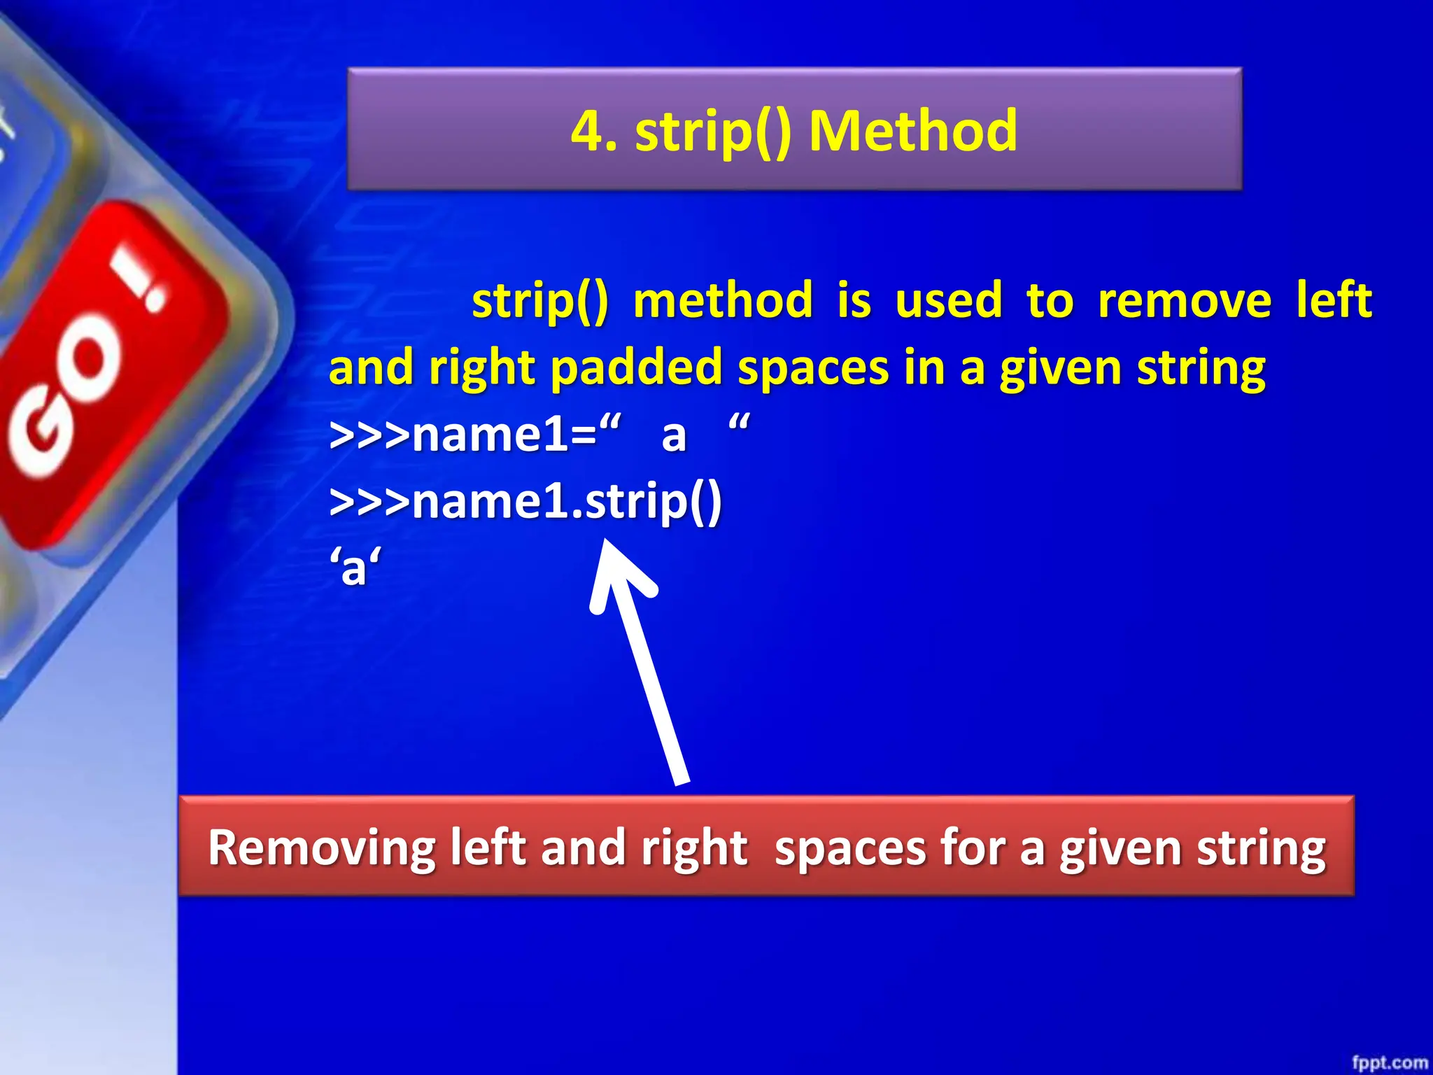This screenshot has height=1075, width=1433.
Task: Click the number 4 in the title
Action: click(588, 132)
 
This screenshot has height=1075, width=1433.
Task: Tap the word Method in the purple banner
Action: click(912, 132)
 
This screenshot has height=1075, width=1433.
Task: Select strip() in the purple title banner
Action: click(713, 132)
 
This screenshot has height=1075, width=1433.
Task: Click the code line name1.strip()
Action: click(525, 502)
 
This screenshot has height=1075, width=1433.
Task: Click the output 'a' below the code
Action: click(355, 568)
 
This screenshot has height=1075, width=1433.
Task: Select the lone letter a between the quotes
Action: click(674, 436)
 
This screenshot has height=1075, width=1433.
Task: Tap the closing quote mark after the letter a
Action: click(739, 423)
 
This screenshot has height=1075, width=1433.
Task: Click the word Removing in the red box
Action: click(322, 848)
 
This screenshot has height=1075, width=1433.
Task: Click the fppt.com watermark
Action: click(1389, 1062)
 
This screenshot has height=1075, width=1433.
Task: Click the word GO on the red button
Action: click(66, 399)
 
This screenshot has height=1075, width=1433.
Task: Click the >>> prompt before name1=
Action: click(369, 436)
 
